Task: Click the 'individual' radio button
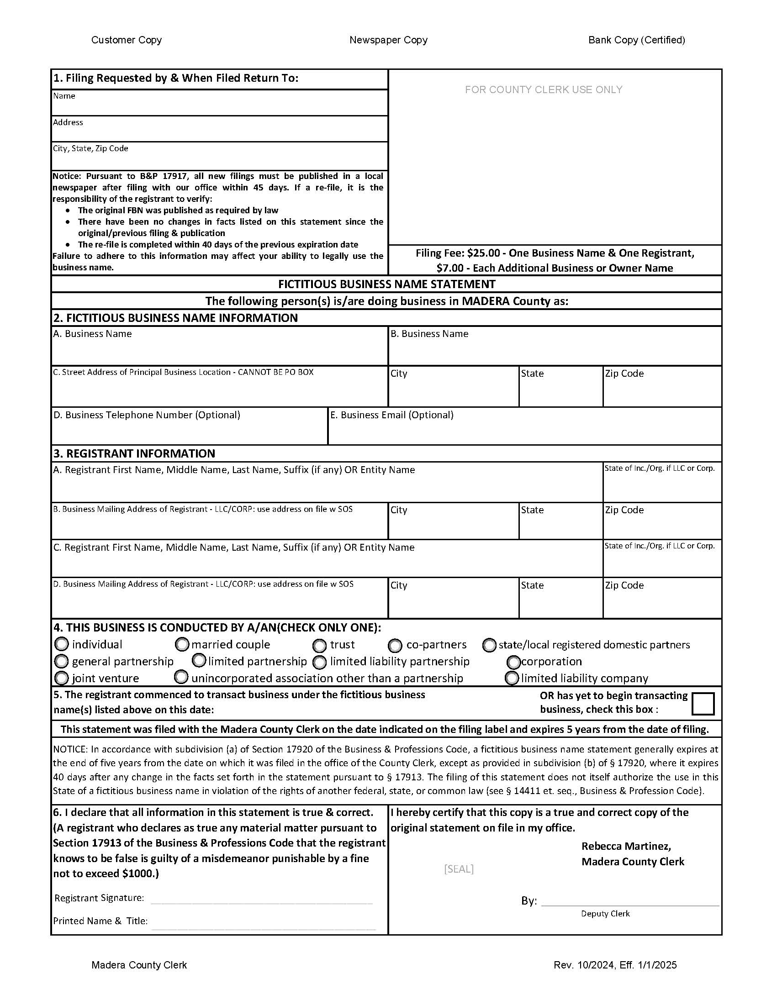(x=62, y=644)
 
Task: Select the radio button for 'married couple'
(x=183, y=644)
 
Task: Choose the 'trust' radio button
(x=319, y=646)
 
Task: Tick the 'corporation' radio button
(x=513, y=662)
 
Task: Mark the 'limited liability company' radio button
(x=512, y=678)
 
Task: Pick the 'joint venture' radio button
(x=61, y=678)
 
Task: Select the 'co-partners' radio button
(x=395, y=646)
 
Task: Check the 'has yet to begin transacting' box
(x=703, y=704)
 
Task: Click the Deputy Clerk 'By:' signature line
(x=630, y=900)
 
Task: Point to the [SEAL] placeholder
(x=459, y=869)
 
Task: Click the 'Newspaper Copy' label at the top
(x=388, y=40)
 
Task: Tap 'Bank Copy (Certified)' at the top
(x=636, y=40)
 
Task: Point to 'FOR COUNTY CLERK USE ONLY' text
(x=543, y=90)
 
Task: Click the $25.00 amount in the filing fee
(x=483, y=253)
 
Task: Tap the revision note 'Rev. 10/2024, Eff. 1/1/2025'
(x=615, y=965)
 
